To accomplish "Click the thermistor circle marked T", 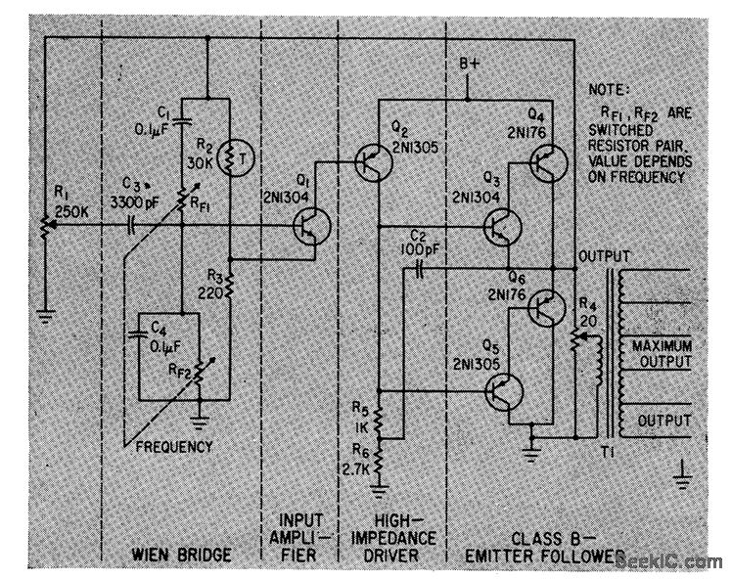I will (230, 156).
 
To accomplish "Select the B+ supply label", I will (473, 66).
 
